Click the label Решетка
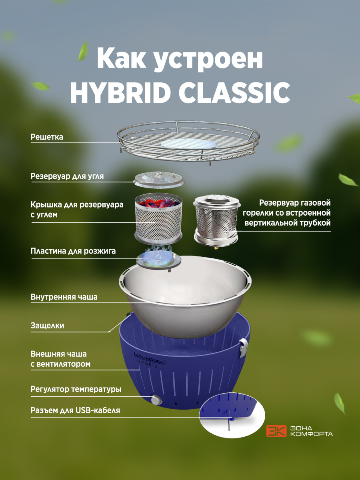tap(47, 137)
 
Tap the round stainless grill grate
tap(188, 143)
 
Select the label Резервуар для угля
tap(67, 176)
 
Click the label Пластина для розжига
tap(73, 251)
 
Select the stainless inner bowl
tap(185, 296)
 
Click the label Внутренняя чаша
tap(64, 297)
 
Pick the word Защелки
tap(48, 326)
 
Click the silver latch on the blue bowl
tap(244, 348)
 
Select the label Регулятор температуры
tap(76, 389)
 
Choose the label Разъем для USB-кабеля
tap(76, 410)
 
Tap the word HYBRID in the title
tap(120, 92)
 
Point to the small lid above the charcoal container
tap(158, 179)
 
